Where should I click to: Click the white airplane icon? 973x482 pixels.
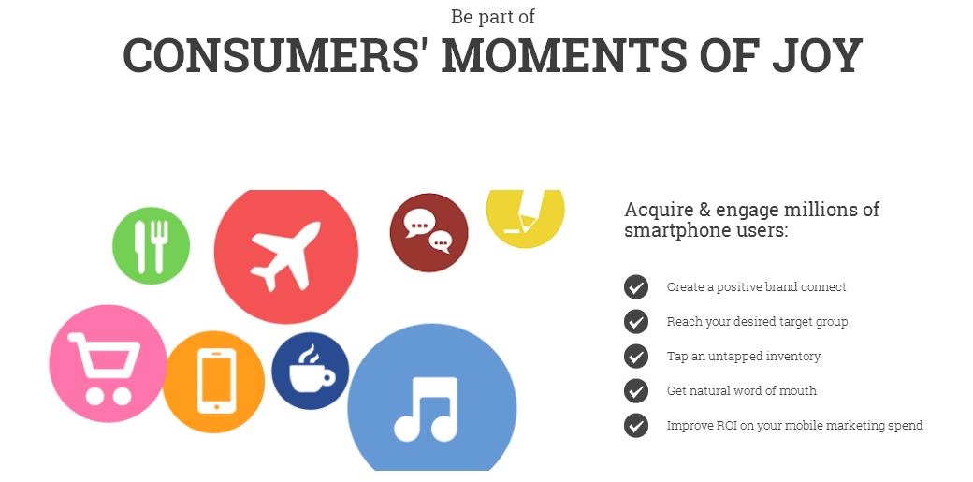pos(284,256)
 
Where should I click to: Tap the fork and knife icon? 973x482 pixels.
pos(151,246)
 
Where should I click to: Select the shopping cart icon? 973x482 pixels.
pos(104,369)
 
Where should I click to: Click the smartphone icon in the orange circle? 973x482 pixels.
pos(216,381)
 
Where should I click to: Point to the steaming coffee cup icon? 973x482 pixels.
pos(311,371)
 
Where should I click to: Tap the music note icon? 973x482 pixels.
pos(427,409)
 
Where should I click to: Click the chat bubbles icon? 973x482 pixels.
pos(428,232)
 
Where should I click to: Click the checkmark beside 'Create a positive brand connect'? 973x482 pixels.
pos(635,287)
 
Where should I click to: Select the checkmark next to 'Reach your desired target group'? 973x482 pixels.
pos(635,322)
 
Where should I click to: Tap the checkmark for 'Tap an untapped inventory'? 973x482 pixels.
pos(635,357)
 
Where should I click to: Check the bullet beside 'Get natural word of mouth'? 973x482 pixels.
pos(635,391)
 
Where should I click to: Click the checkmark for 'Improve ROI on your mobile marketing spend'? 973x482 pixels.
pos(635,426)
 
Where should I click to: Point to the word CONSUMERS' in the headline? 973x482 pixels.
pos(276,55)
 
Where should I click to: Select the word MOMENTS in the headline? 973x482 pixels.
pos(564,55)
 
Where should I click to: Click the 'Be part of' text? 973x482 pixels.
pos(493,17)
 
